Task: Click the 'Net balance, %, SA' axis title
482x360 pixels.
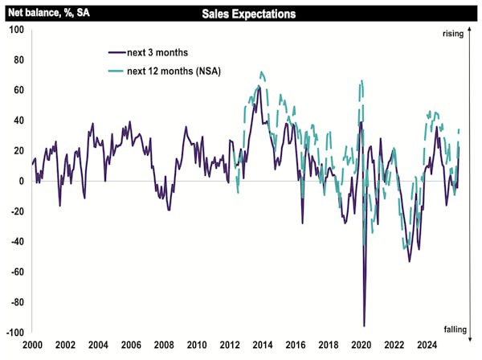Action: coord(49,14)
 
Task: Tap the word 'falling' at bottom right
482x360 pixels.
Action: coord(454,329)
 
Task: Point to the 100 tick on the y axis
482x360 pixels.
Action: coord(16,30)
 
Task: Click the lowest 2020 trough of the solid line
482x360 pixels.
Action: coord(364,325)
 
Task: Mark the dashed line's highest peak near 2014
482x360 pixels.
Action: coord(261,72)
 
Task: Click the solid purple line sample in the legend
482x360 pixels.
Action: coord(117,52)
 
